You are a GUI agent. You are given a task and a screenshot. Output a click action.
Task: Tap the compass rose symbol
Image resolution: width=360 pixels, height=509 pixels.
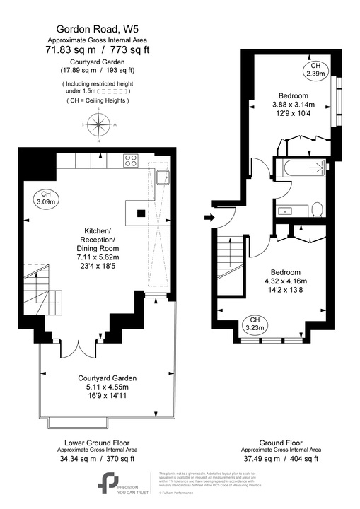coord(98,129)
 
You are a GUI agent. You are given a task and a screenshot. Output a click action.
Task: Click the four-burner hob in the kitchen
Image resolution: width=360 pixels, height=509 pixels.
coord(131,160)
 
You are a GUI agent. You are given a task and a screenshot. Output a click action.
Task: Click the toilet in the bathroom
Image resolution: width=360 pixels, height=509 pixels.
coord(317,208)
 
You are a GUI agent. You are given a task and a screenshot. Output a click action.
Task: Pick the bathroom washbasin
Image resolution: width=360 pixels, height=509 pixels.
coord(287,209)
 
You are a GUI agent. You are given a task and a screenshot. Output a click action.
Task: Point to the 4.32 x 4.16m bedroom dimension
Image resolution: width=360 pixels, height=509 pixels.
coord(286,283)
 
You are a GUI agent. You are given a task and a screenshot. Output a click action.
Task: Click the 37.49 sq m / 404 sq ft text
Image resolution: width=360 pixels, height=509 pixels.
coord(279,457)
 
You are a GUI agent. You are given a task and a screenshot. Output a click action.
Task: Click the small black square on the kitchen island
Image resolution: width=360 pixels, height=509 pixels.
coord(140,213)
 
